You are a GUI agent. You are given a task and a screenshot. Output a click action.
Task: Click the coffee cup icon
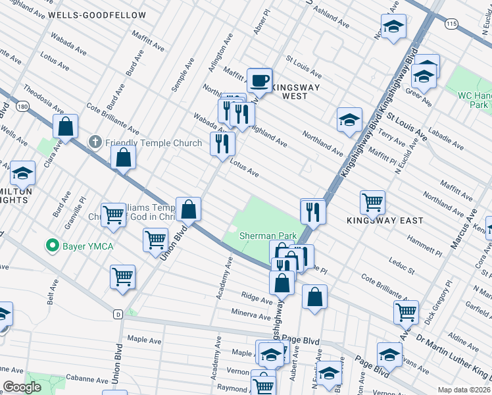pyautogui.click(x=259, y=80)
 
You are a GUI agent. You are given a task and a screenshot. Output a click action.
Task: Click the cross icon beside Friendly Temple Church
pyautogui.click(x=95, y=142)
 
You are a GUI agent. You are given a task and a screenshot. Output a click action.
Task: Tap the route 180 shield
pyautogui.click(x=23, y=106)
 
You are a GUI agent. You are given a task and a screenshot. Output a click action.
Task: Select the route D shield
pyautogui.click(x=118, y=313)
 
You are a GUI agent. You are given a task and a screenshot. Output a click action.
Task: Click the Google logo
pyautogui.click(x=22, y=387)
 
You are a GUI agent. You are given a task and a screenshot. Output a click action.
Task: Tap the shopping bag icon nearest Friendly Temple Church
pyautogui.click(x=123, y=158)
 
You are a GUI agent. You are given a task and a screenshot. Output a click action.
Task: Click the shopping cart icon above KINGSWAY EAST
pyautogui.click(x=372, y=201)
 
